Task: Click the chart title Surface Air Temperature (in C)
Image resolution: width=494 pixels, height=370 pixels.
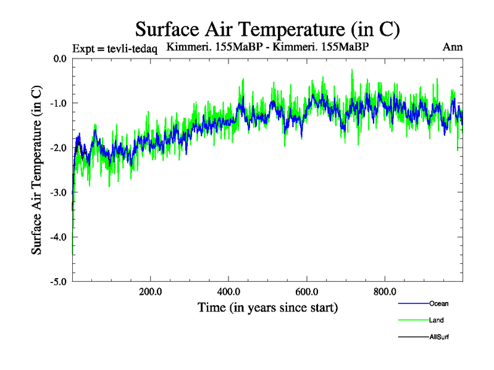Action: [x=268, y=29]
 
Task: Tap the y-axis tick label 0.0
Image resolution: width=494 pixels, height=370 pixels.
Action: [x=59, y=59]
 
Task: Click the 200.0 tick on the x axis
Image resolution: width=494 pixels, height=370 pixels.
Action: [x=151, y=292]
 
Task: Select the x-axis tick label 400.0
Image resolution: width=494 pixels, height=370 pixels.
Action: [x=228, y=292]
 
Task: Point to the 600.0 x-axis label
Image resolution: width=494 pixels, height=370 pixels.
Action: [x=307, y=292]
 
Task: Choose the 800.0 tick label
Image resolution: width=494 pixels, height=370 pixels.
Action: [x=385, y=292]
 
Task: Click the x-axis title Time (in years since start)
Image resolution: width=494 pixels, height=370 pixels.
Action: [x=267, y=307]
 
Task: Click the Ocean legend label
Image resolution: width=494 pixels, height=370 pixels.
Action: [x=438, y=303]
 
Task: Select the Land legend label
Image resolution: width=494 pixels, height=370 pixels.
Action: [x=437, y=320]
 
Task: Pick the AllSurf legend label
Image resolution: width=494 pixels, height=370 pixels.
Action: [x=440, y=337]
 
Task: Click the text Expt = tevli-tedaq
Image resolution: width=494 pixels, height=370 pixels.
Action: [x=115, y=49]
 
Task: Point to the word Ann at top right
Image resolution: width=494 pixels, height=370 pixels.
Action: [x=453, y=47]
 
